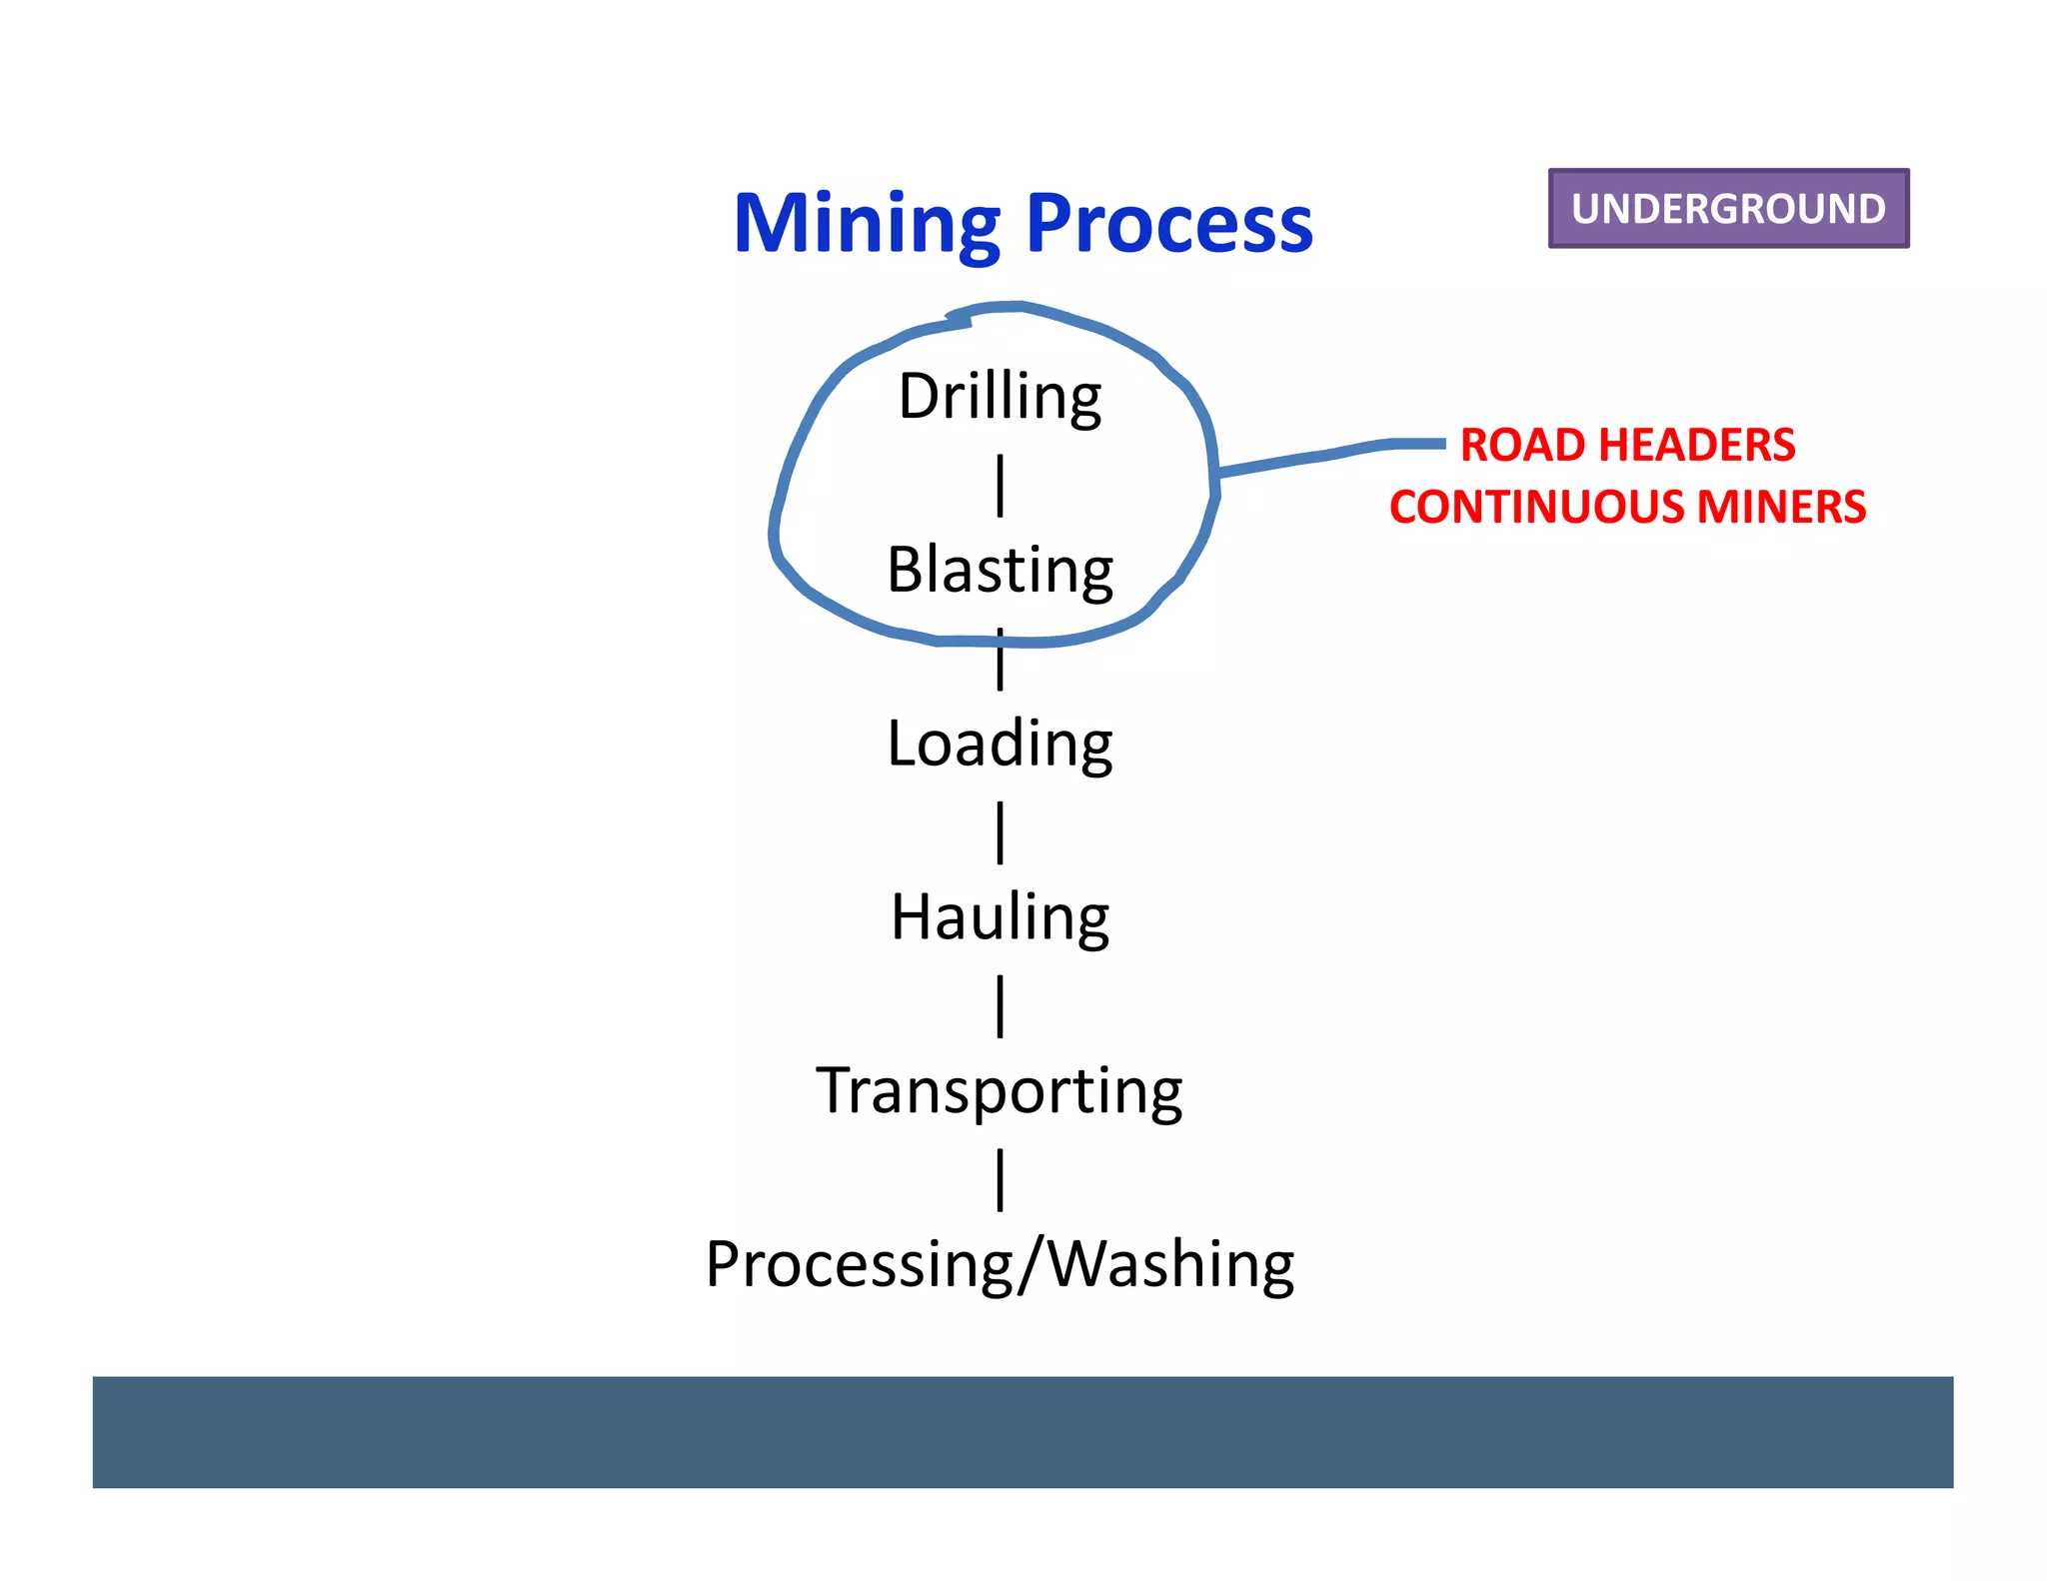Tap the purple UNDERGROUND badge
coord(1727,208)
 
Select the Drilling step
coord(1000,396)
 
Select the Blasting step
coord(1000,570)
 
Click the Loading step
coord(1000,744)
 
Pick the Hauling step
coord(1000,917)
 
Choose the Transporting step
coord(1000,1090)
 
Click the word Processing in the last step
coord(860,1264)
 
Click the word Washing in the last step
coord(1171,1264)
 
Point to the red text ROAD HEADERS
coord(1627,445)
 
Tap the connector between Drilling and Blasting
coord(1000,486)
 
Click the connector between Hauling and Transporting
coord(1000,1006)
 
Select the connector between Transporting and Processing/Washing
coord(1000,1179)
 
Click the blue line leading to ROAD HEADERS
coord(1329,455)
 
